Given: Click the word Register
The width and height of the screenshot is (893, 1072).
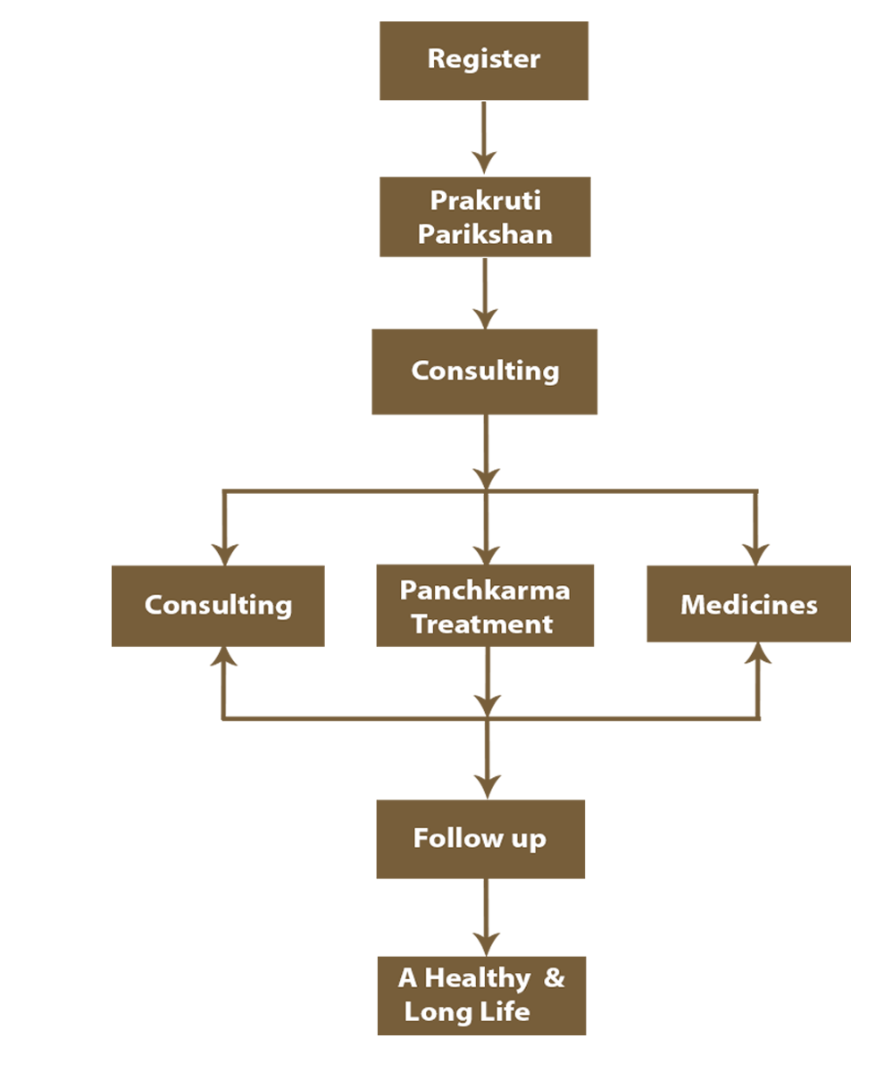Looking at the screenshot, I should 483,59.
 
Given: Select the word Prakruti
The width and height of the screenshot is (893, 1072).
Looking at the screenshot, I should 485,200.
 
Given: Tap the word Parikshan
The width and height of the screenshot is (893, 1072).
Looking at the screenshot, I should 485,234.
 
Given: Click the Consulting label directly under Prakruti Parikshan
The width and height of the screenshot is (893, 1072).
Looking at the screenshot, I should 485,370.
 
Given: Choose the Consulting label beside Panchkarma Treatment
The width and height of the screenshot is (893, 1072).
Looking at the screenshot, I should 218,605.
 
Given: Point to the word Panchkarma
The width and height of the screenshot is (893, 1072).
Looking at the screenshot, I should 484,590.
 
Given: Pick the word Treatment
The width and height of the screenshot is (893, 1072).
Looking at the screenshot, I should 482,624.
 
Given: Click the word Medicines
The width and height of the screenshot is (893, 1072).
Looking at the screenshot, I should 748,605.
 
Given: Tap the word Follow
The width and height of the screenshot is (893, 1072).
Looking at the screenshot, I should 450,838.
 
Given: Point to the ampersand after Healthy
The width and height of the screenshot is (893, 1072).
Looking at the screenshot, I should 555,977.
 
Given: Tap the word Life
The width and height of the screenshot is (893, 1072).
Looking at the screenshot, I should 507,1011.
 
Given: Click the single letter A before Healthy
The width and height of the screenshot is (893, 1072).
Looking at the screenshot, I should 407,978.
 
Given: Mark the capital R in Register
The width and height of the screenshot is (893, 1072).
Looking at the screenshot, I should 436,59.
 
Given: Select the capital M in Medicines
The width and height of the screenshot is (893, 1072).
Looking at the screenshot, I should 693,605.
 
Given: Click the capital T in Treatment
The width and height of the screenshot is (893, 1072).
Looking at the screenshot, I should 419,624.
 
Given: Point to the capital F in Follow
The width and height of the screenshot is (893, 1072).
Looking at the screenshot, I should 421,838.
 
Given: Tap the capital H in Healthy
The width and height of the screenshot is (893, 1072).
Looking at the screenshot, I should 435,978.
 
